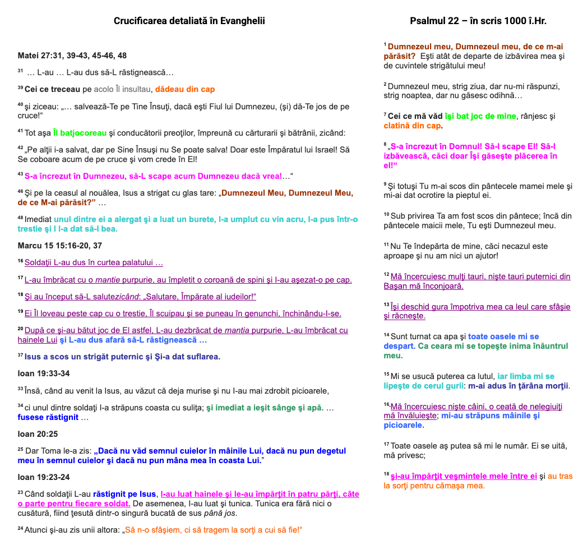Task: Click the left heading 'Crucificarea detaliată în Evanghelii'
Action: tap(189, 21)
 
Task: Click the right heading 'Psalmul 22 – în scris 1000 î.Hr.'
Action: tap(478, 21)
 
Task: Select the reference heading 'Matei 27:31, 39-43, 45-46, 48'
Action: tap(72, 56)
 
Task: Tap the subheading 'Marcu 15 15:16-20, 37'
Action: tap(59, 246)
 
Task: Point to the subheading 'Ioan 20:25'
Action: tap(38, 434)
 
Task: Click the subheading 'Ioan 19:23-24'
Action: tap(44, 477)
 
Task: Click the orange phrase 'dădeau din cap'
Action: tap(185, 89)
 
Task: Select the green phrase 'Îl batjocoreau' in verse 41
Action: tap(80, 133)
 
